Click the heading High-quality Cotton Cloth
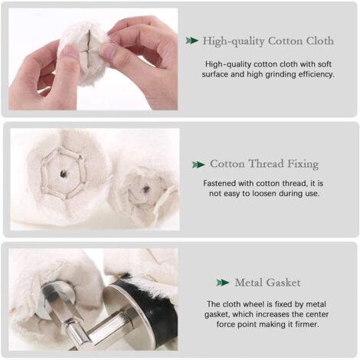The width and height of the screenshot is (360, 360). coord(268,41)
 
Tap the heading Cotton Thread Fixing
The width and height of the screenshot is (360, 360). coord(264,164)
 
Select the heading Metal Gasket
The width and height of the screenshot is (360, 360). coord(267,283)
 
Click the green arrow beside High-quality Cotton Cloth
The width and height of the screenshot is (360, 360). coord(192,41)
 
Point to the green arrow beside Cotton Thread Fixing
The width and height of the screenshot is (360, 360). coord(198,165)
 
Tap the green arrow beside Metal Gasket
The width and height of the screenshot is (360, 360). coord(223,283)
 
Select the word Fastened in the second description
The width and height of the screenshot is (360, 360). coord(220,183)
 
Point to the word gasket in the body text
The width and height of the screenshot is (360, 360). coord(217,315)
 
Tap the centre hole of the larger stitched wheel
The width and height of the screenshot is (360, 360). coord(62,174)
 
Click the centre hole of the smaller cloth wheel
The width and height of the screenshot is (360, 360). coord(146,189)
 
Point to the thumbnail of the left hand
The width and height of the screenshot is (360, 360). coord(67,51)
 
